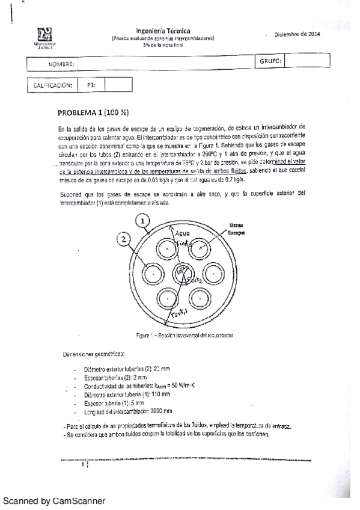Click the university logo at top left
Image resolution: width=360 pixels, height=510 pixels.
pyautogui.click(x=46, y=34)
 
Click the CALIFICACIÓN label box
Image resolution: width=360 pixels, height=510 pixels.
pyautogui.click(x=53, y=85)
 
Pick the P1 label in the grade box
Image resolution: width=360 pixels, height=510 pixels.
pyautogui.click(x=91, y=85)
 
